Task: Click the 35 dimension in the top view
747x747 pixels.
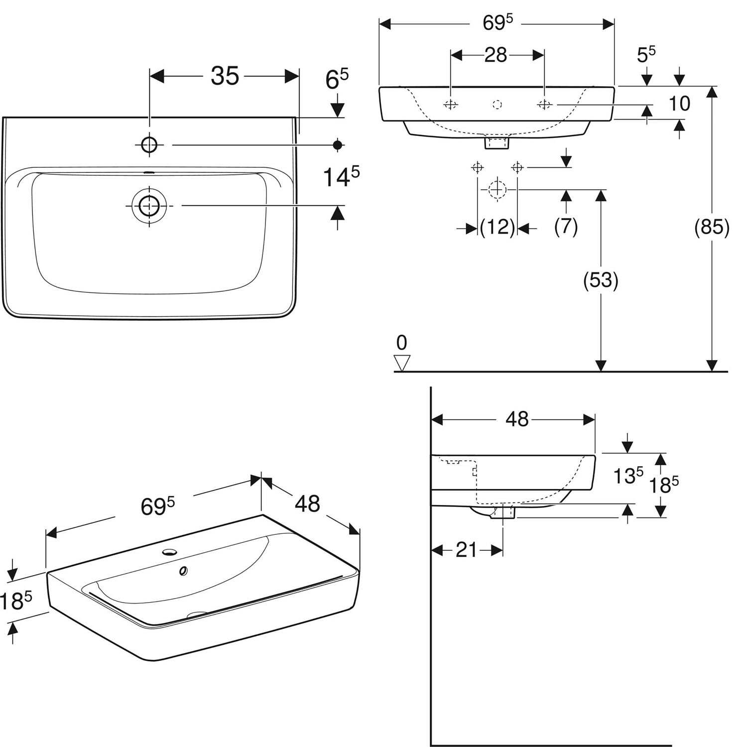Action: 225,76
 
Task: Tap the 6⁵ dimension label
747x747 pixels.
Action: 337,79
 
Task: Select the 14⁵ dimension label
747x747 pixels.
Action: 341,177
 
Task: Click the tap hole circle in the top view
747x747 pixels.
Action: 149,145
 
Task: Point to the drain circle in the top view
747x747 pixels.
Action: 148,205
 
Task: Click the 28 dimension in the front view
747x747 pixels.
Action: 496,55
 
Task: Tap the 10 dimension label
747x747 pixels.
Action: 679,104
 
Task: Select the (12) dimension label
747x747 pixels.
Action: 497,228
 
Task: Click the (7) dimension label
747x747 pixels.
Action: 566,227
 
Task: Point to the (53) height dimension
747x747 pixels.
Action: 601,280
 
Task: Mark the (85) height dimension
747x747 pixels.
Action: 712,227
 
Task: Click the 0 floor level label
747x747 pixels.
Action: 401,343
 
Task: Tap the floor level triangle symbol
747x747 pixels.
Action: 401,363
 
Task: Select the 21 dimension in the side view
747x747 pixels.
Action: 466,550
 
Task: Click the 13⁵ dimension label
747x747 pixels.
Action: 628,476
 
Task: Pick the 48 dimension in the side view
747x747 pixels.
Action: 517,419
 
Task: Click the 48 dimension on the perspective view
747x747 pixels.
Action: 307,503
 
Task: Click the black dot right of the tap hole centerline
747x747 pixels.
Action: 338,145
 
